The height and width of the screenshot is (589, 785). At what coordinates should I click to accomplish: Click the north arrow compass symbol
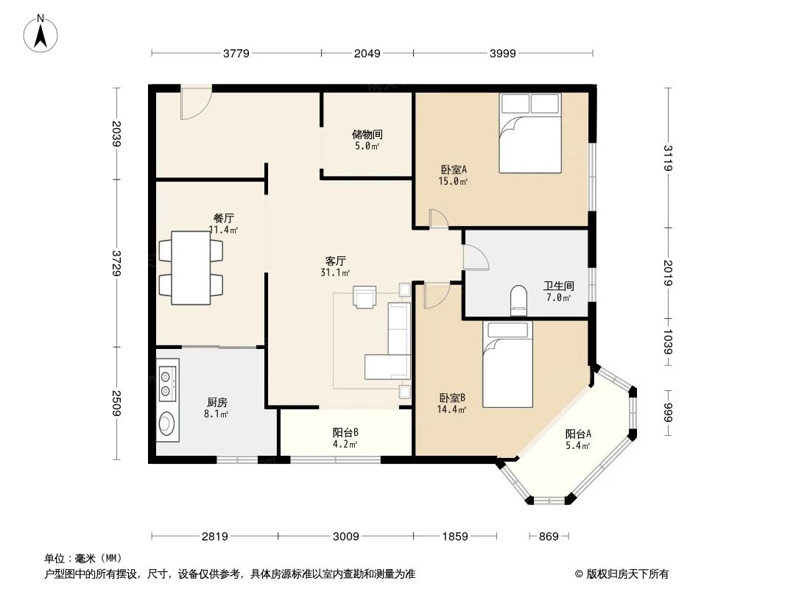coord(41,34)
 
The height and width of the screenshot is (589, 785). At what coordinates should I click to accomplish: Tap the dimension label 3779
coord(236,54)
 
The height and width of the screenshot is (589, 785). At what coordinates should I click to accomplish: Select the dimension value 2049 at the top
coord(367,54)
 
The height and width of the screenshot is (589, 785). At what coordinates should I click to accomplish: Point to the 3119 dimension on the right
coord(668,158)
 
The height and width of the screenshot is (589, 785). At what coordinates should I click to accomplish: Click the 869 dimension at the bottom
coord(549,537)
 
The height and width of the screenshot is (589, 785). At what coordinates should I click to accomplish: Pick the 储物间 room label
coord(367,134)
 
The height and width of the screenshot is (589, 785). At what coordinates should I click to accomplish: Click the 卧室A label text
coord(453,169)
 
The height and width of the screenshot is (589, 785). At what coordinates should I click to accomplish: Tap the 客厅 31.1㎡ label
coord(335,267)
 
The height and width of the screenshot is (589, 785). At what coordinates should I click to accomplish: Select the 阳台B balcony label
coord(345,432)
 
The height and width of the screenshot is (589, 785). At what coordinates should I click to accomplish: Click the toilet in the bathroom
coord(519,300)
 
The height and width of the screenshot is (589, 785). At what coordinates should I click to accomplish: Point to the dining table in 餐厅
coord(191,268)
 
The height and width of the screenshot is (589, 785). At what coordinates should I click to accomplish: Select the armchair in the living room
coord(364,297)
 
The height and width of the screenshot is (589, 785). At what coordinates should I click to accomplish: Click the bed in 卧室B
coord(507,364)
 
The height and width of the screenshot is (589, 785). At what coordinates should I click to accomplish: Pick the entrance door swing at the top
coord(196,102)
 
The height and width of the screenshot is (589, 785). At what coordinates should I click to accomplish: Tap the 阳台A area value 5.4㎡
coord(578,446)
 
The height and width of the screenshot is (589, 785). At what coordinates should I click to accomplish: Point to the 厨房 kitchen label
coord(217,402)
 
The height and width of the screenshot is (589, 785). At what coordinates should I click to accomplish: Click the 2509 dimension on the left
coord(116,403)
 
